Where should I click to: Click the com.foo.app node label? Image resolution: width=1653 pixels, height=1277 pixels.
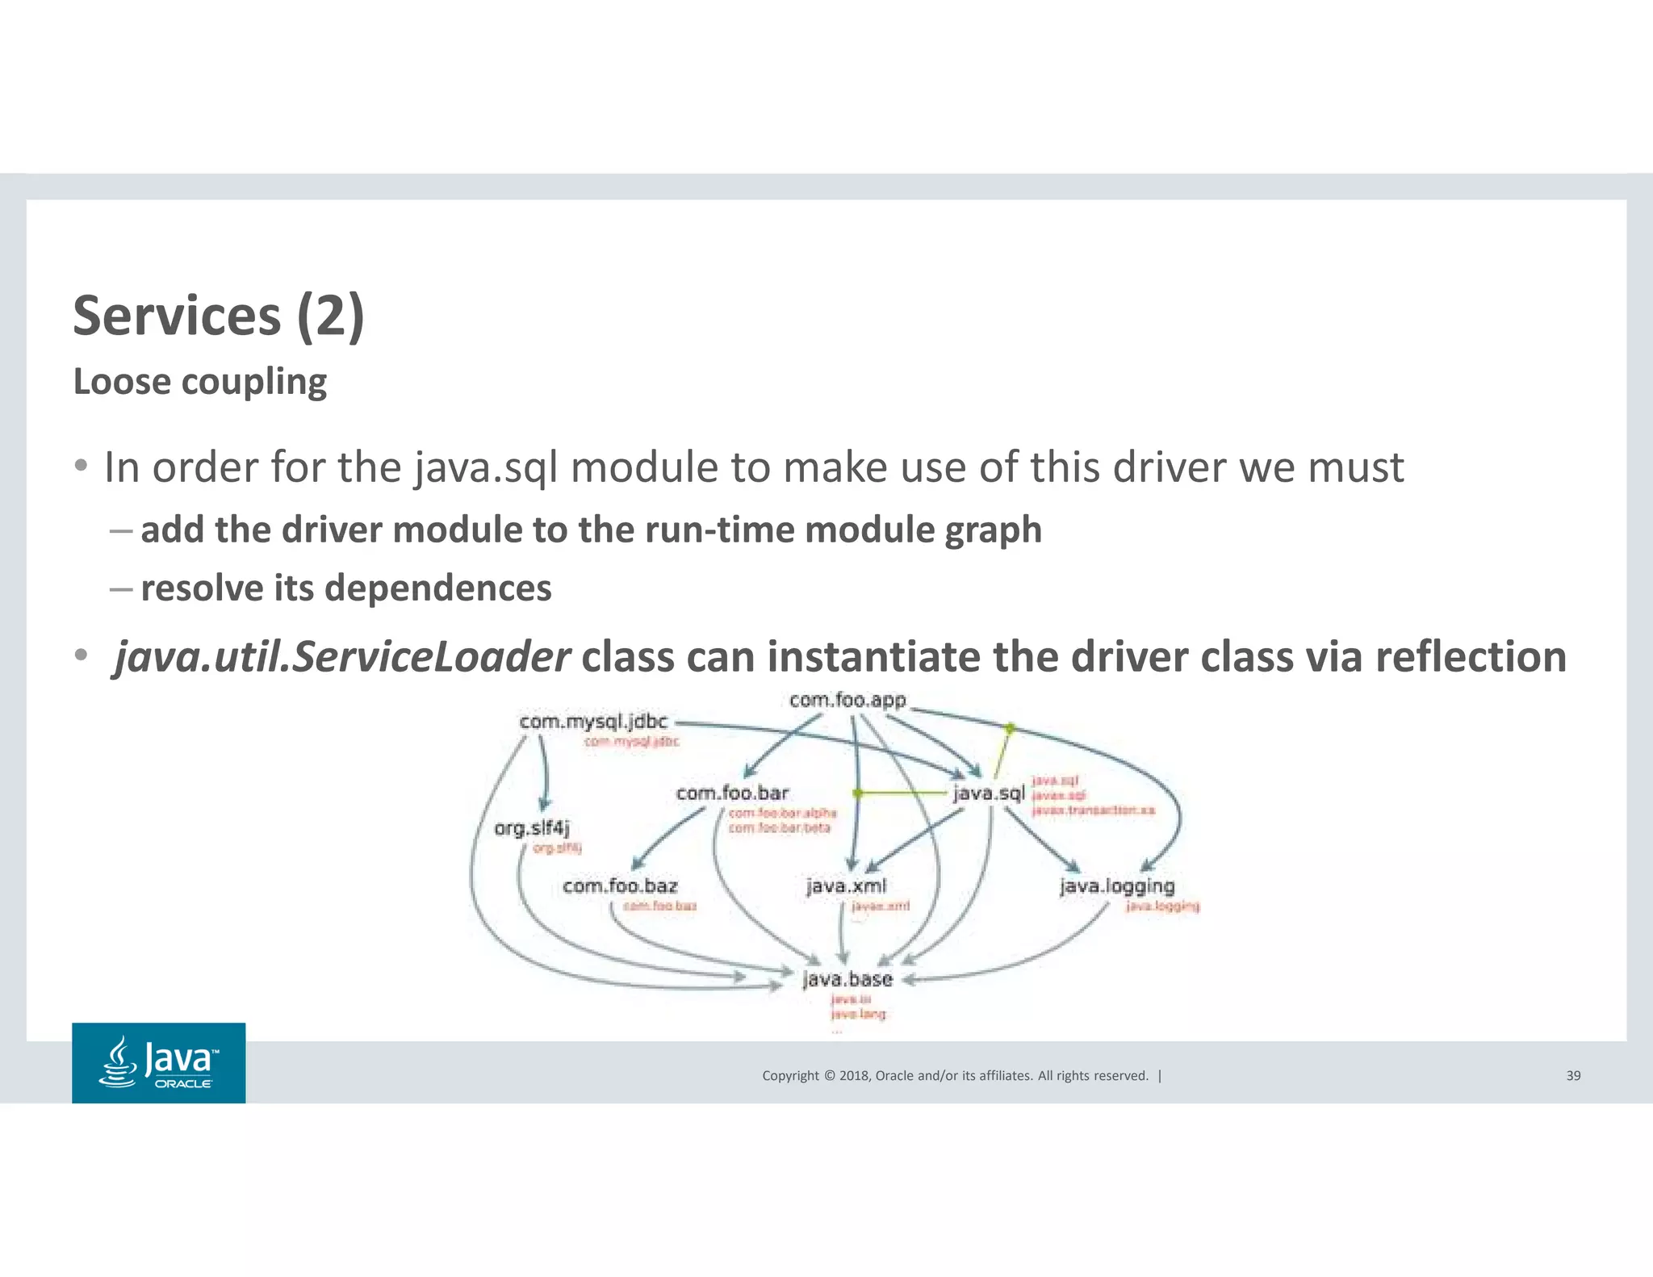(x=847, y=700)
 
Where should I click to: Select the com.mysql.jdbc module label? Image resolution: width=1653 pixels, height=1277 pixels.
(x=593, y=721)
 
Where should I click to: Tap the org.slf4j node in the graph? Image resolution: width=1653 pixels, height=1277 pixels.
(x=532, y=828)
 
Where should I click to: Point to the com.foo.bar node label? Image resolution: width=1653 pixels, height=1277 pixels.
(x=732, y=793)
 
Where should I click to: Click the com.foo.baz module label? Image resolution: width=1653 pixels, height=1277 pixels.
(x=620, y=886)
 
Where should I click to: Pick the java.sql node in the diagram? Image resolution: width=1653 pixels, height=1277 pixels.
(x=988, y=793)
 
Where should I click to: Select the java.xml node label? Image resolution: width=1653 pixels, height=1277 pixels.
(x=846, y=886)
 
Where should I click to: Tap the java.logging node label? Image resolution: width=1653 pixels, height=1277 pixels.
(x=1117, y=886)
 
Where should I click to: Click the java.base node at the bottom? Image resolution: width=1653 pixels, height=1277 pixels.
(x=847, y=979)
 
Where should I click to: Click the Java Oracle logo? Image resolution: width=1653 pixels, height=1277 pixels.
(x=159, y=1063)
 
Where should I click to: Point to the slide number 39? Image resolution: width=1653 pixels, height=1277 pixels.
(x=1573, y=1075)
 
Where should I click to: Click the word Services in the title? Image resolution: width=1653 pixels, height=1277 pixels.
(x=177, y=316)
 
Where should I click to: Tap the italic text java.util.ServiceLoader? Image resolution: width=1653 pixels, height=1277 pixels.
(x=343, y=656)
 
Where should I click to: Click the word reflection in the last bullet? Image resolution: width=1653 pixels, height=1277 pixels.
(x=1471, y=656)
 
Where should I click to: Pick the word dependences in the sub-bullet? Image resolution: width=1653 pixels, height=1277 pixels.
(x=437, y=588)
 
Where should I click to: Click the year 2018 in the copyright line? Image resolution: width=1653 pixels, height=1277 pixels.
(x=853, y=1075)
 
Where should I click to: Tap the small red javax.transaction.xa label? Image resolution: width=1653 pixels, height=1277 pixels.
(x=1094, y=810)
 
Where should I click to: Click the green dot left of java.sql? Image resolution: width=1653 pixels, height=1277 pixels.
(x=858, y=793)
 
